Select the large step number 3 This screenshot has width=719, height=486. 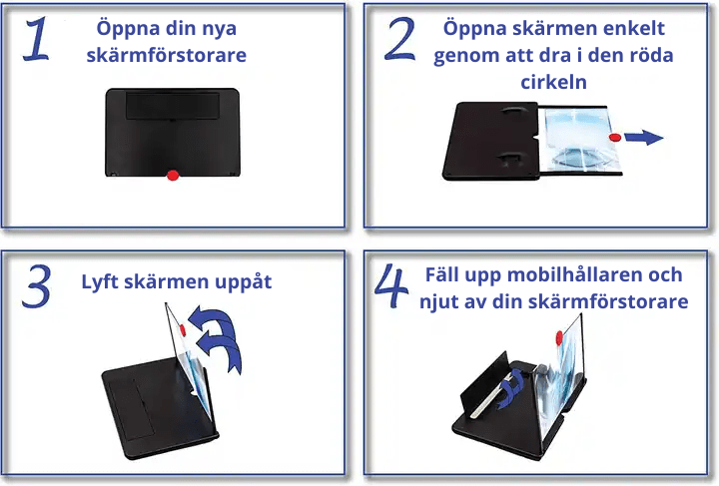coord(36,285)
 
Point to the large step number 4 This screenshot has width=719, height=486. coord(391,286)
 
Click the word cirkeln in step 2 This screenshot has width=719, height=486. coord(552,81)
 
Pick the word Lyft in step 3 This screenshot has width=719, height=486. coord(102,281)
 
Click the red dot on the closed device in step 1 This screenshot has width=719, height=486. coord(172,176)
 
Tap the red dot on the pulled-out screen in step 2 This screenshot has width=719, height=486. coord(615,138)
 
